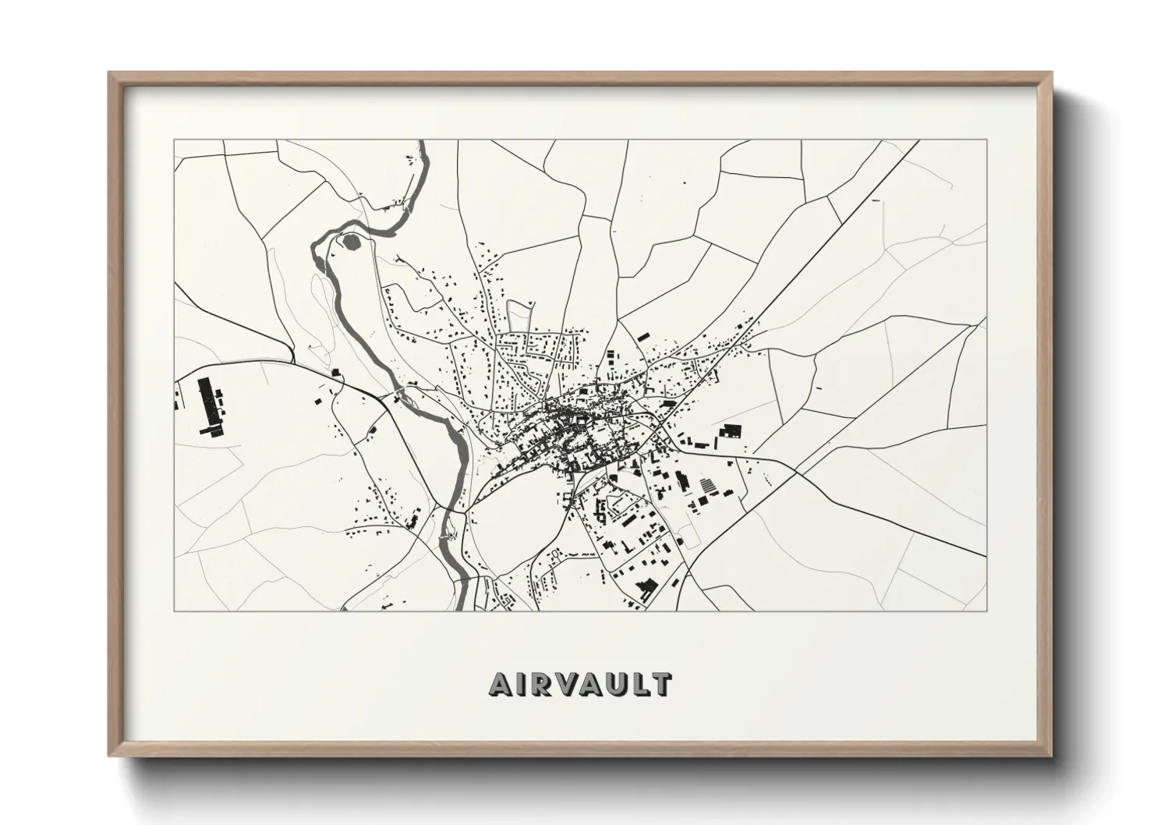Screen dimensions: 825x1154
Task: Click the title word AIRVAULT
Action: [x=579, y=684]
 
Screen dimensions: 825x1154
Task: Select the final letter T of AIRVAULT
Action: [x=661, y=684]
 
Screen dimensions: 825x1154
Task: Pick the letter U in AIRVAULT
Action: [x=618, y=684]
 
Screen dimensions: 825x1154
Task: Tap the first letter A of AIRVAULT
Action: [x=500, y=684]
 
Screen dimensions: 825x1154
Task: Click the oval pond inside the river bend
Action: [x=352, y=243]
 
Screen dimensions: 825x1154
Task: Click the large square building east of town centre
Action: [x=731, y=432]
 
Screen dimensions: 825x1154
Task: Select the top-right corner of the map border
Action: [x=986, y=140]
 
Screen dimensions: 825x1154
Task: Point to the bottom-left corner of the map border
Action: [x=175, y=611]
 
